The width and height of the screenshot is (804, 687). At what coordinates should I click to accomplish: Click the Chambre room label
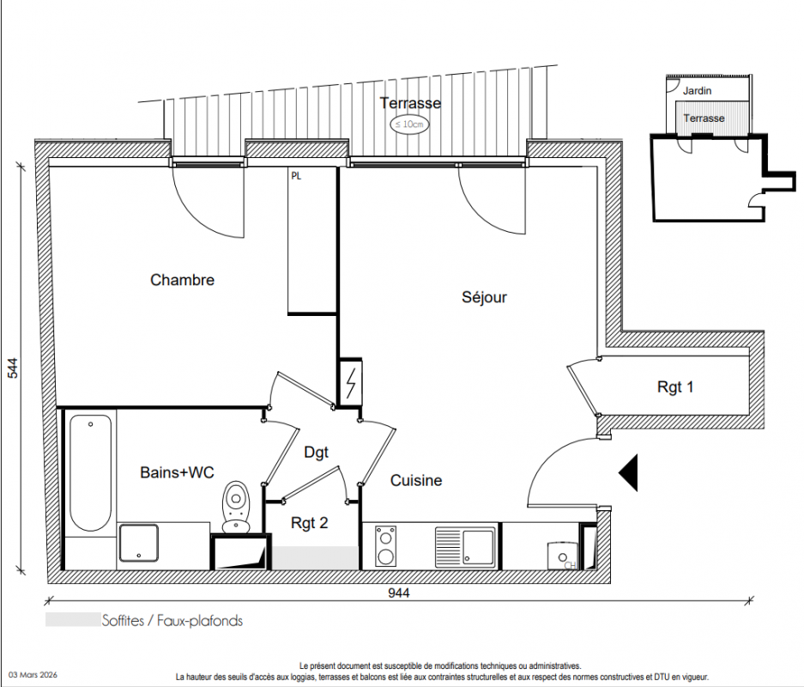(x=182, y=280)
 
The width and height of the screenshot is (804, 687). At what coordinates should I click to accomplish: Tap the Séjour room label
(x=484, y=297)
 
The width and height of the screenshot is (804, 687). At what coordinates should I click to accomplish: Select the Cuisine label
(x=416, y=480)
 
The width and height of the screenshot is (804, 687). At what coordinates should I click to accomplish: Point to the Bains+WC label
(x=177, y=472)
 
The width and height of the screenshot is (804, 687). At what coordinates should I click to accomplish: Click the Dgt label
(x=316, y=453)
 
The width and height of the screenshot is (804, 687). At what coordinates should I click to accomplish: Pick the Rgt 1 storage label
(x=674, y=386)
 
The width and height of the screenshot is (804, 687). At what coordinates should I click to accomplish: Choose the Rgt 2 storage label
(x=309, y=523)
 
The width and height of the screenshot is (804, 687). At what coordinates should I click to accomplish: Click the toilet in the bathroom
(x=236, y=507)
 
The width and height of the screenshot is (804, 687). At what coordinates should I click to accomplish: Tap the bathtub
(x=91, y=472)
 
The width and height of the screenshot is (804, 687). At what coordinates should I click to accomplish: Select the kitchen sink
(x=466, y=547)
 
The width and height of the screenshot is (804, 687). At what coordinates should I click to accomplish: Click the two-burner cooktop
(x=385, y=546)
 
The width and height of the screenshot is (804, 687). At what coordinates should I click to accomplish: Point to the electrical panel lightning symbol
(x=351, y=383)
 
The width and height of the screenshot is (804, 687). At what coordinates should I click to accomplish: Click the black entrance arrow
(x=628, y=472)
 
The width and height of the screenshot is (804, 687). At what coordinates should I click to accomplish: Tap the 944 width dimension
(x=398, y=593)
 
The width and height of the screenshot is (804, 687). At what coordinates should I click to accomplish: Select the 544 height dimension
(x=12, y=368)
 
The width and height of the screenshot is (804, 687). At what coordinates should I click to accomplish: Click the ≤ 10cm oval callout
(x=409, y=125)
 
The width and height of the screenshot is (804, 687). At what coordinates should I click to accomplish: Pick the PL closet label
(x=296, y=176)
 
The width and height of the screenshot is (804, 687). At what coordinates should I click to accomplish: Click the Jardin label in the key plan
(x=697, y=91)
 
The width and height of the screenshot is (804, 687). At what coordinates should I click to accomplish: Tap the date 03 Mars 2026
(x=33, y=675)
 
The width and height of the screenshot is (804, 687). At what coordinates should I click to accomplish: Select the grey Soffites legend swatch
(x=73, y=620)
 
